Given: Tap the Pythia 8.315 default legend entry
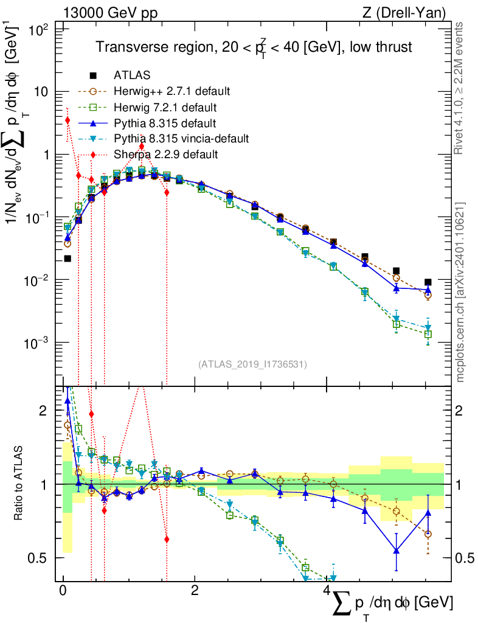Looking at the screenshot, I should [x=166, y=123].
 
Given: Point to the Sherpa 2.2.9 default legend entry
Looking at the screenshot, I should [x=165, y=155].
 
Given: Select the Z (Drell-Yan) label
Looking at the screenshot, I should [x=409, y=13].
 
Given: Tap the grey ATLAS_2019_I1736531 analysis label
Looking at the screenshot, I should [x=252, y=364].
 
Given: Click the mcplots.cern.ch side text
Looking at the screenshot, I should [x=460, y=292].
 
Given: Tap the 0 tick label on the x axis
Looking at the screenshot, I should [x=63, y=591].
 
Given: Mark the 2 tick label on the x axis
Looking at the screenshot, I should [x=195, y=591].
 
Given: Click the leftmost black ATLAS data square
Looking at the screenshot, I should [x=68, y=259].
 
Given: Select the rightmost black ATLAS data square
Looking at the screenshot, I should [x=428, y=282].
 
